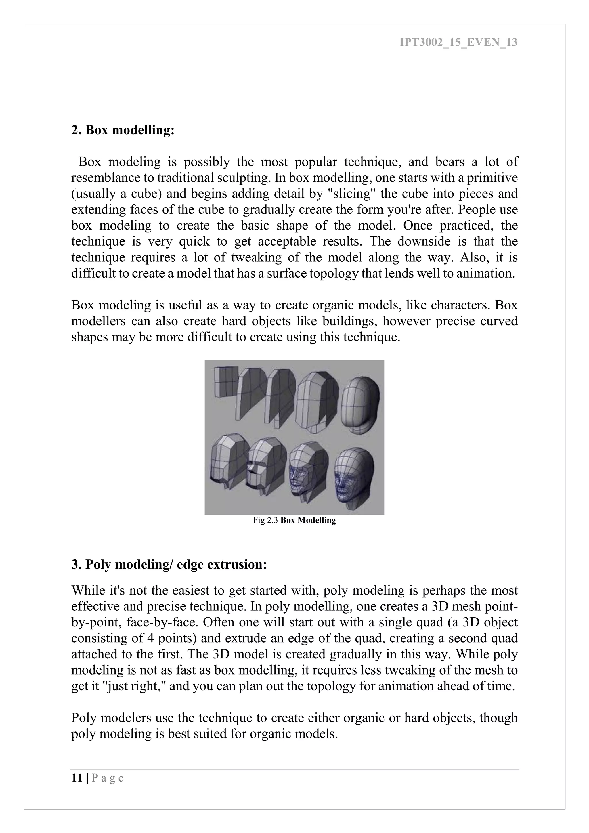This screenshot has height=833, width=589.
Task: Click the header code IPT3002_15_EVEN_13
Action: coord(458,43)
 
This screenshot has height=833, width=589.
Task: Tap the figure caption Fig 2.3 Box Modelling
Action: coord(294,520)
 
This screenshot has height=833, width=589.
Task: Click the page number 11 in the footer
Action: coord(77,778)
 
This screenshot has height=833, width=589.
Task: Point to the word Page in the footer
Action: coord(108,778)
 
